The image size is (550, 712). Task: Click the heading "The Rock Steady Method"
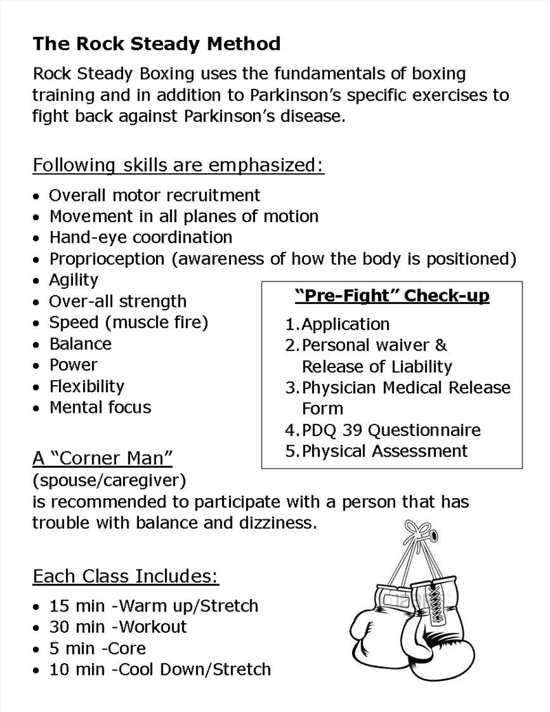click(x=156, y=45)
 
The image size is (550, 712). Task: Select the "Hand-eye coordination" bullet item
click(x=140, y=238)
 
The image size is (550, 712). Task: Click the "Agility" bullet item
click(x=74, y=280)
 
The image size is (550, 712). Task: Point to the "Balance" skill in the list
click(x=80, y=344)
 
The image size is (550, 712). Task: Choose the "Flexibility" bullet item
click(x=87, y=387)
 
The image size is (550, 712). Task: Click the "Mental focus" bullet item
click(x=100, y=408)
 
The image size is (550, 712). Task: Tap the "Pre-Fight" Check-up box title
click(x=392, y=296)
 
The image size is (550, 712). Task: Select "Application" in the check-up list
click(x=345, y=324)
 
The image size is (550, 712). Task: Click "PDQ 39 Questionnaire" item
click(x=390, y=431)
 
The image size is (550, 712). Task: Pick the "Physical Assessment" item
click(x=384, y=452)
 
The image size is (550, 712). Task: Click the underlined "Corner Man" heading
click(x=102, y=458)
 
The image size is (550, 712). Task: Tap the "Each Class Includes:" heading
click(x=126, y=576)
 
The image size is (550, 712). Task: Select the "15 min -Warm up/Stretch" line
click(x=153, y=606)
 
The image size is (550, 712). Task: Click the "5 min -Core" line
click(x=97, y=649)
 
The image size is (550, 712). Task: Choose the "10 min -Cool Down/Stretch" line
click(x=159, y=669)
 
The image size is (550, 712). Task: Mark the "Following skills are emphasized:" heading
click(x=179, y=166)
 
